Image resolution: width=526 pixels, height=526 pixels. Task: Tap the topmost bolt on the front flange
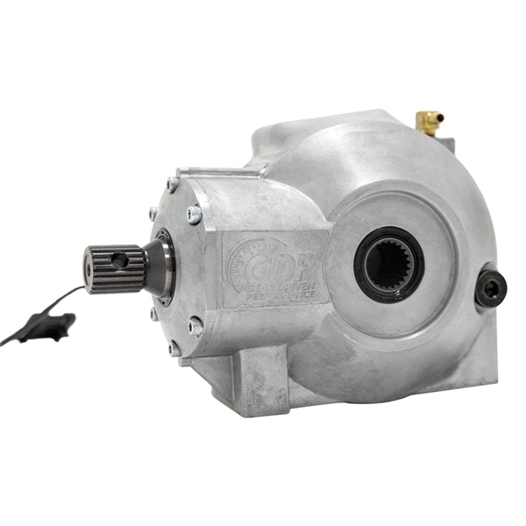[173, 184]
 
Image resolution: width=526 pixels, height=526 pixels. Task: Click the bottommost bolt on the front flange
[175, 348]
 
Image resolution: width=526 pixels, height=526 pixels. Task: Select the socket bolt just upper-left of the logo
[194, 214]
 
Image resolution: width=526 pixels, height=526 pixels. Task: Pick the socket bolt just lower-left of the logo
[195, 326]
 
